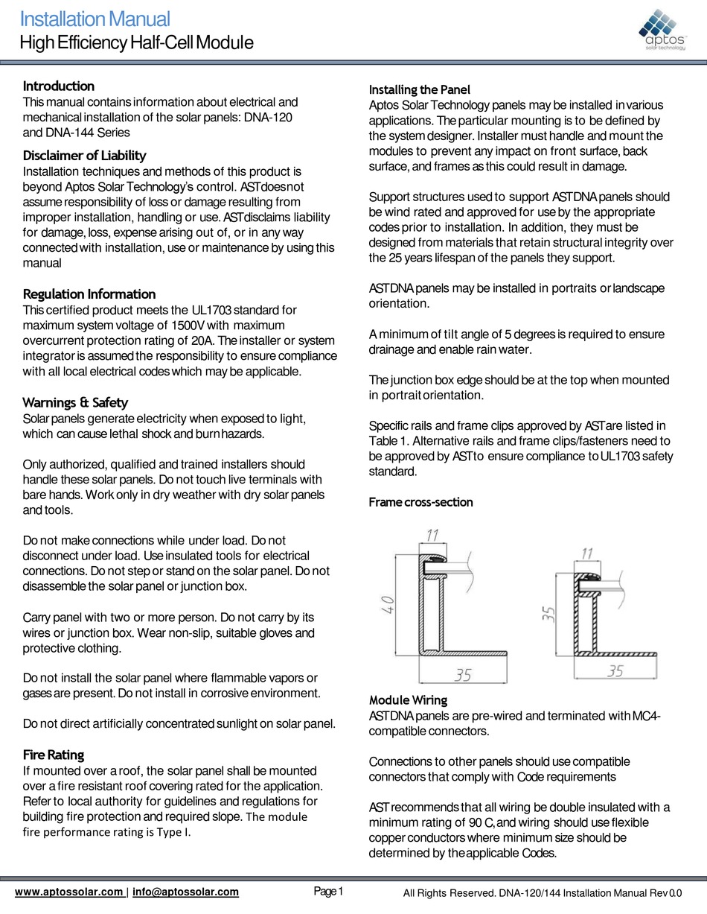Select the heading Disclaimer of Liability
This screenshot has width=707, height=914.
84,156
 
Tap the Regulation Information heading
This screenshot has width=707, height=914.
89,294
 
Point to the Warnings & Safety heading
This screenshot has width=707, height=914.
75,403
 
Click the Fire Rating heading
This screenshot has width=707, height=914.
54,755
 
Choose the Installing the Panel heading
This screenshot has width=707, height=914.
420,89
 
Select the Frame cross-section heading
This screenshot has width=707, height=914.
420,502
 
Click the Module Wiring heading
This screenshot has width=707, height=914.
408,700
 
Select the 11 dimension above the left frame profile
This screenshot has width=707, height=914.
431,533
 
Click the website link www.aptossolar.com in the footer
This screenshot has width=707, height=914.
69,892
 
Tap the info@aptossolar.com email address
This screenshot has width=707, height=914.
186,892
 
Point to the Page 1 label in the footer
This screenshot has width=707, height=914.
328,891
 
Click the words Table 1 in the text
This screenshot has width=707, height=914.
388,441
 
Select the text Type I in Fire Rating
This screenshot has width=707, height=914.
173,832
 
